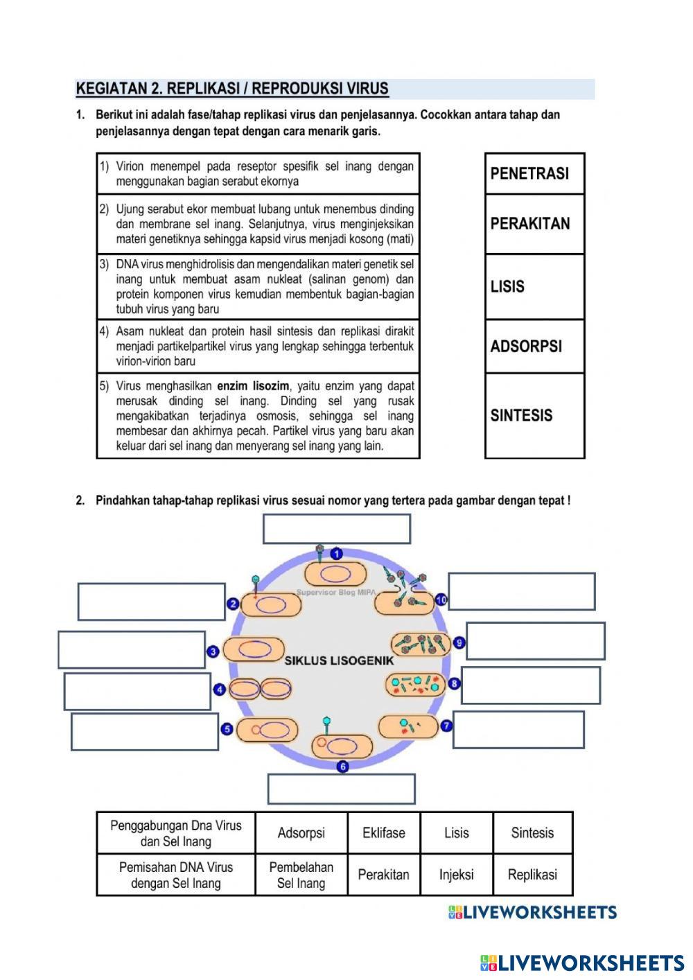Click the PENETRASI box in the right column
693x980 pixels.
[x=534, y=173]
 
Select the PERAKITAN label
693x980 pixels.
[x=534, y=224]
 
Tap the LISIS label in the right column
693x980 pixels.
[x=534, y=286]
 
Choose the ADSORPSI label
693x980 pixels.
[x=534, y=346]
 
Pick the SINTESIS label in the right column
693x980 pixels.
[x=534, y=415]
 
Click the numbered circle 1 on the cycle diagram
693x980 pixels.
[x=337, y=554]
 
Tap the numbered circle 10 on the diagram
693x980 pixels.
[x=441, y=600]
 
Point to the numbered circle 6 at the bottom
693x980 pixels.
[x=342, y=767]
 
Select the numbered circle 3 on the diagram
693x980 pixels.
[x=213, y=651]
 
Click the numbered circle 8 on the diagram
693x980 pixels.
[x=454, y=684]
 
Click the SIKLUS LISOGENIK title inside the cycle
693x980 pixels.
[x=339, y=660]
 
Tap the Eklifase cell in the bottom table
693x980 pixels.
[x=383, y=833]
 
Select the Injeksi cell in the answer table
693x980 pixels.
[x=456, y=875]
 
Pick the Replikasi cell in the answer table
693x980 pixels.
[x=532, y=875]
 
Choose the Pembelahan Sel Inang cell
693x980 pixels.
[x=301, y=875]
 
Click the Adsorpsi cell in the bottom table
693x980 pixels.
[x=301, y=833]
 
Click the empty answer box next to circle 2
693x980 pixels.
[x=151, y=602]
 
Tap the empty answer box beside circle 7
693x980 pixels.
[x=518, y=729]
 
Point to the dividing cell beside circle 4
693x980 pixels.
[x=260, y=689]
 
